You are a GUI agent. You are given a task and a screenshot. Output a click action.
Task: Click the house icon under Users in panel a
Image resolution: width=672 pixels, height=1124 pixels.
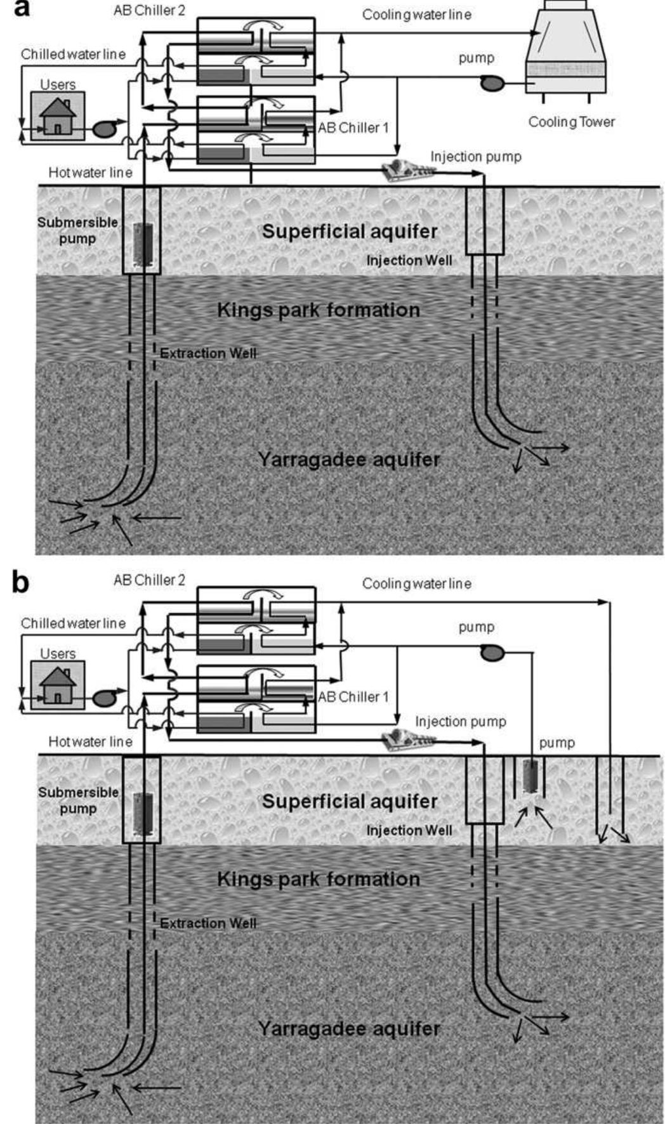click(58, 116)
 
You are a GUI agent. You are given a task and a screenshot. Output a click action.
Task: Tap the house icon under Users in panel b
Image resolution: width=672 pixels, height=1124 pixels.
click(58, 685)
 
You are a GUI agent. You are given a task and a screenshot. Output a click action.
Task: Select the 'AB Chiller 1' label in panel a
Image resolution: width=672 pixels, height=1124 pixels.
click(353, 128)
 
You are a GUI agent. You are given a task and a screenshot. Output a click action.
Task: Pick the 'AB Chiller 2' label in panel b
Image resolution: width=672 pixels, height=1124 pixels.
click(149, 580)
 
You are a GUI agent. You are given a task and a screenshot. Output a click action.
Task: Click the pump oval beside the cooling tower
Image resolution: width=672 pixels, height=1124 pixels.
click(491, 83)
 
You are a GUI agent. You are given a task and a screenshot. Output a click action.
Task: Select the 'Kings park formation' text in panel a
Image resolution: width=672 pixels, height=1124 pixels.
click(319, 310)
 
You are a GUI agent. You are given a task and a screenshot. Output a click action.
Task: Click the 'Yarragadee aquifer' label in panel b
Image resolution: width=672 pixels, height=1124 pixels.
click(348, 1028)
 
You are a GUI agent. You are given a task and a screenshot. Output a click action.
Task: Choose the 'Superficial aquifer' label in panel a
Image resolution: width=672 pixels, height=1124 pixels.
click(350, 231)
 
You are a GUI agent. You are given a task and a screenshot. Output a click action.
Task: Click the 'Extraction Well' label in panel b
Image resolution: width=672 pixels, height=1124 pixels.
click(208, 923)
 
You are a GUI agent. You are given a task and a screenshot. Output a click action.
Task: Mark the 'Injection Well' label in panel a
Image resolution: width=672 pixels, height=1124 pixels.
click(409, 260)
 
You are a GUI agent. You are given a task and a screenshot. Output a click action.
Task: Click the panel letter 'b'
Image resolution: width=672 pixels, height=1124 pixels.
click(20, 582)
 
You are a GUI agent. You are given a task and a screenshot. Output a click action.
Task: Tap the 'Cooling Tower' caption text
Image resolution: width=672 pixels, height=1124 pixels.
click(571, 122)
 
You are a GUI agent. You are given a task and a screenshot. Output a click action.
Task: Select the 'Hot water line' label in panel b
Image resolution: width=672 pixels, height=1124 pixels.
click(90, 741)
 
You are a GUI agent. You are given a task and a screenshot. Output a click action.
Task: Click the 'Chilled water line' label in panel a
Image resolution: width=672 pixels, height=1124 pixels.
click(73, 54)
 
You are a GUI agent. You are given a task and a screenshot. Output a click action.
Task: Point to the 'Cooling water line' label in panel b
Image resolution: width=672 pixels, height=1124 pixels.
click(416, 583)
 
